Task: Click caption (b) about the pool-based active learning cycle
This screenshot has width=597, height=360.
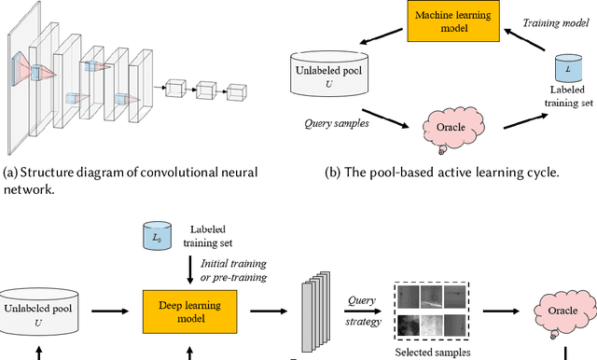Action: point(438,173)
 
